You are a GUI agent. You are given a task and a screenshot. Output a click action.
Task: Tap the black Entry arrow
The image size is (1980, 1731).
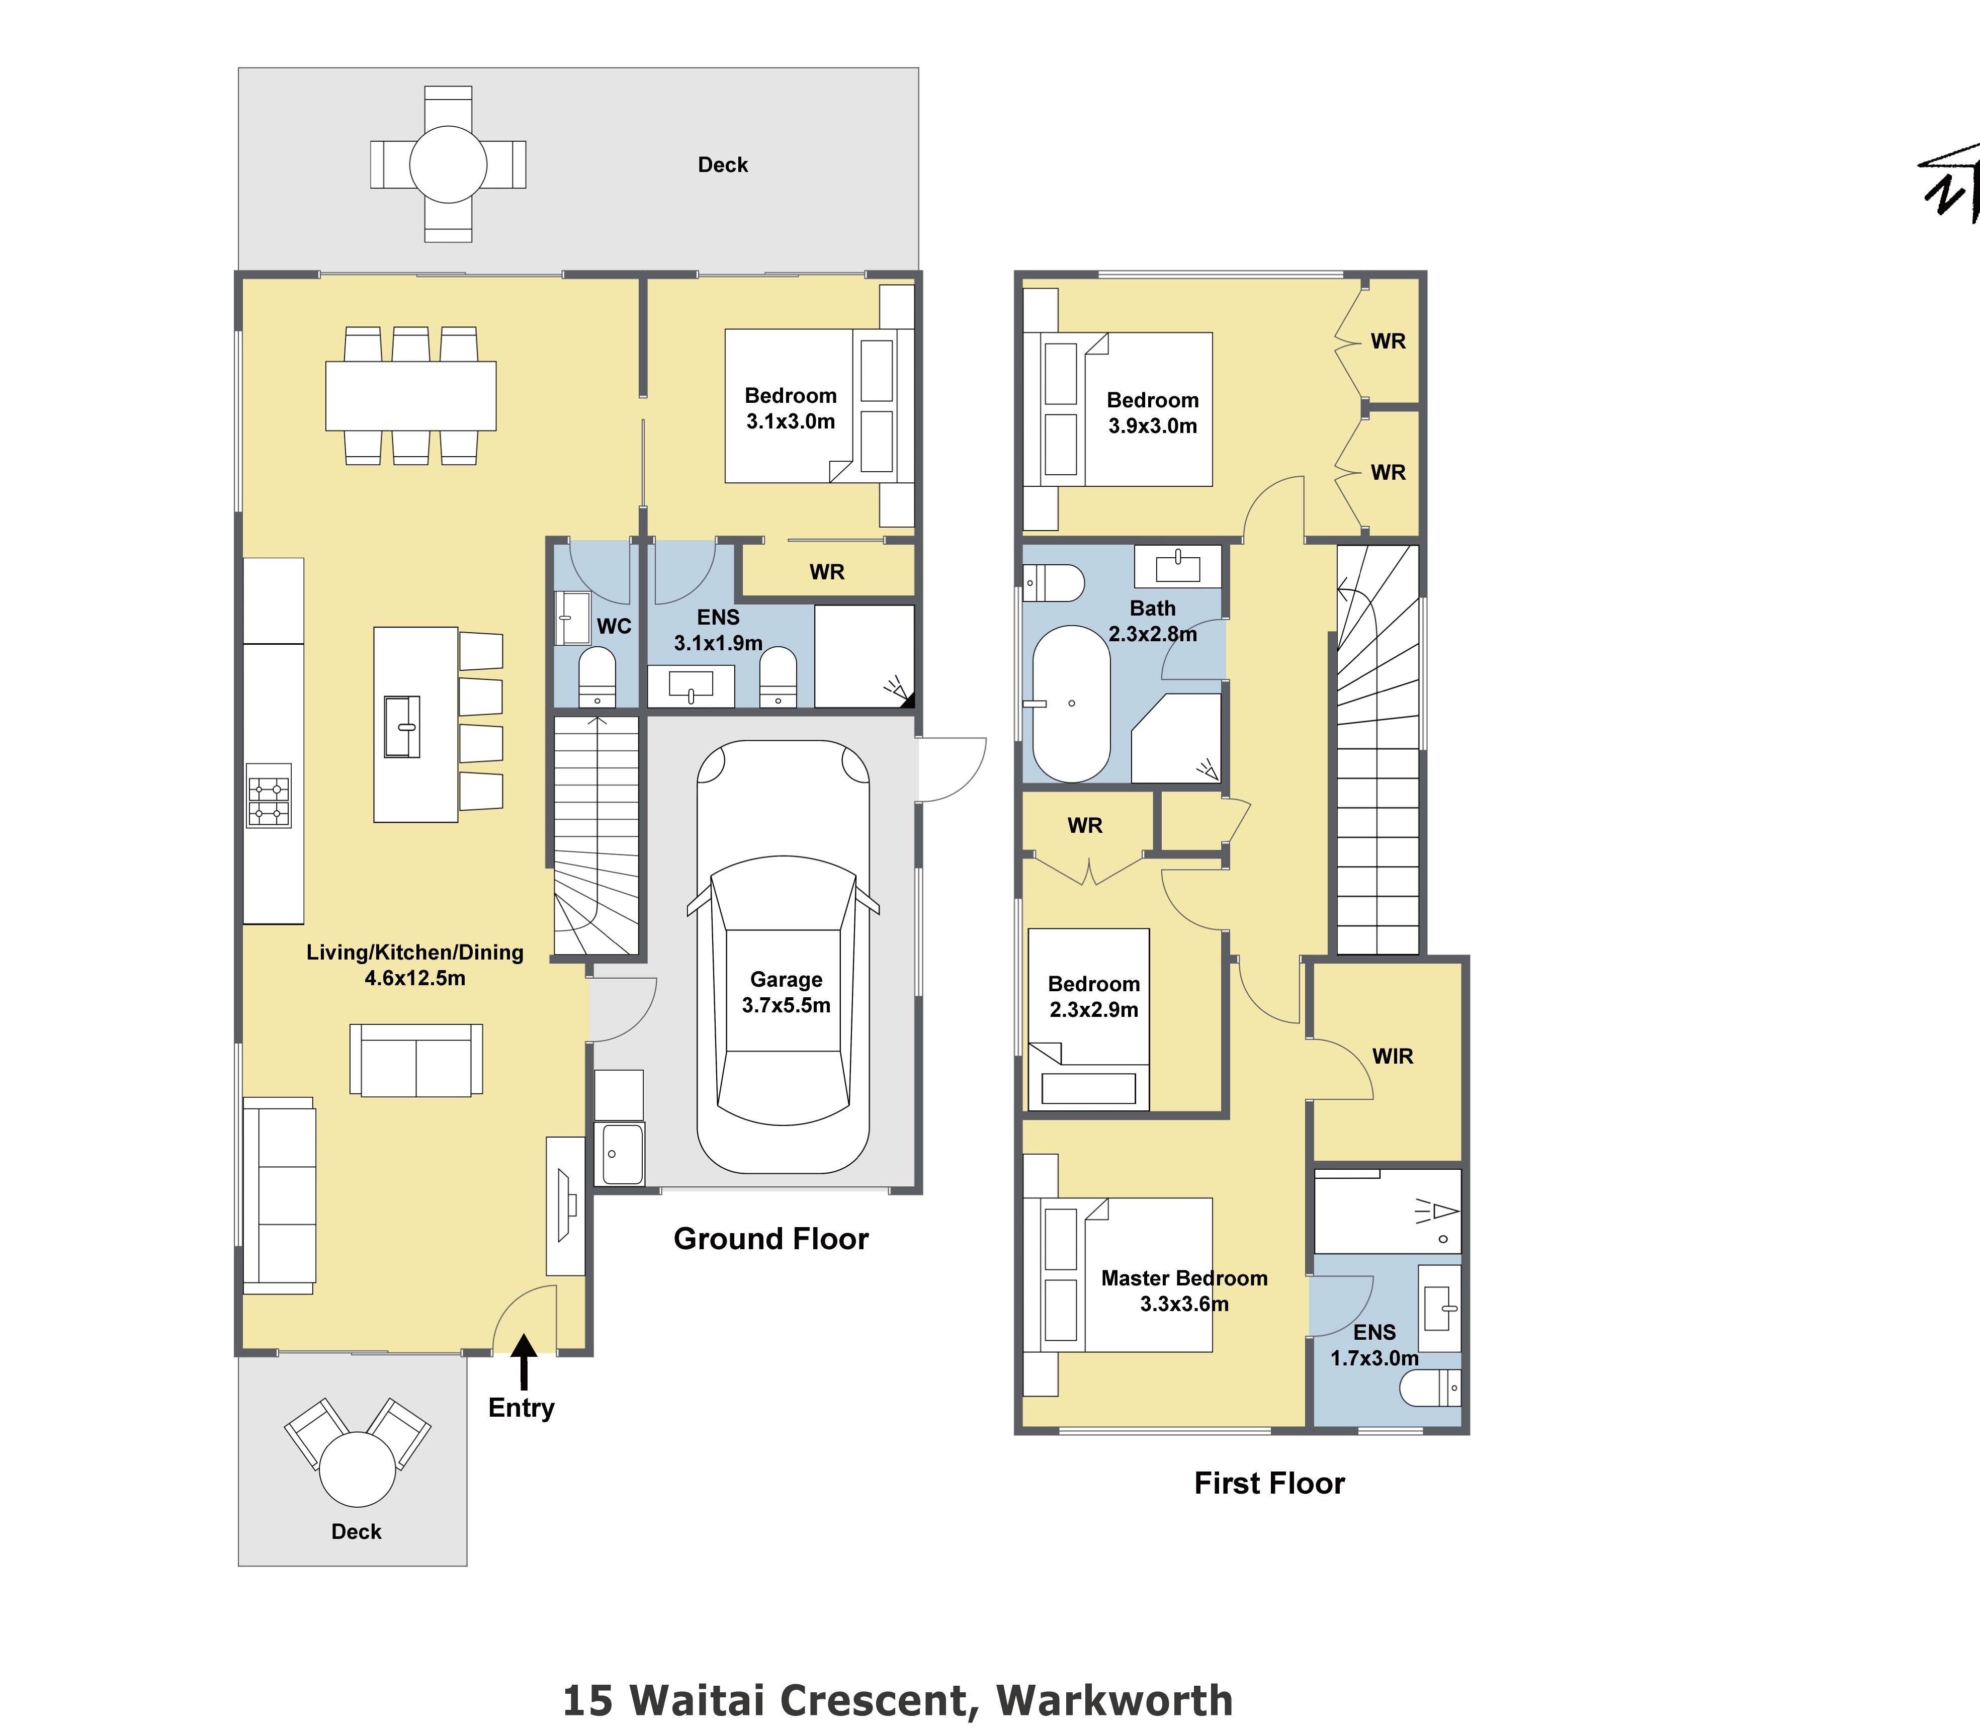(x=524, y=1360)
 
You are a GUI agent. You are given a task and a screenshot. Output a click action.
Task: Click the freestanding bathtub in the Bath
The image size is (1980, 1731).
(x=1071, y=703)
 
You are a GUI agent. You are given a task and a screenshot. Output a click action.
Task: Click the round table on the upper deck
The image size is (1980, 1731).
(x=448, y=164)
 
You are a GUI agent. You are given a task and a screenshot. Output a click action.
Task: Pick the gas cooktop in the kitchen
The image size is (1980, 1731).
(x=269, y=795)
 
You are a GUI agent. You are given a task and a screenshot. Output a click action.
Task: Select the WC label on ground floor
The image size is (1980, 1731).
(x=614, y=626)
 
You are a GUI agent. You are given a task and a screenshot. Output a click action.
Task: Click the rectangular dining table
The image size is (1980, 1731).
(x=410, y=396)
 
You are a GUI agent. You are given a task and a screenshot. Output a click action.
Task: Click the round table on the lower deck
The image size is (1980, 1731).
(x=358, y=1469)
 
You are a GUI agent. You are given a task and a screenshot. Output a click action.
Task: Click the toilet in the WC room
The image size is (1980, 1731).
(x=597, y=677)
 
